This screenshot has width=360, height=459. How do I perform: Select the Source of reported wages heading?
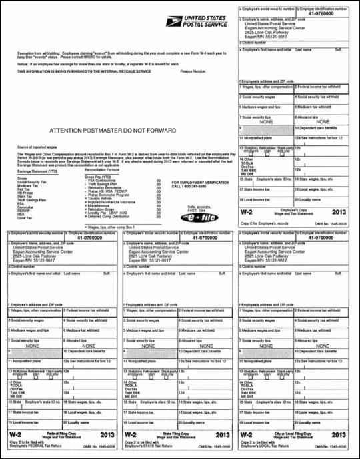pyautogui.click(x=34, y=145)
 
